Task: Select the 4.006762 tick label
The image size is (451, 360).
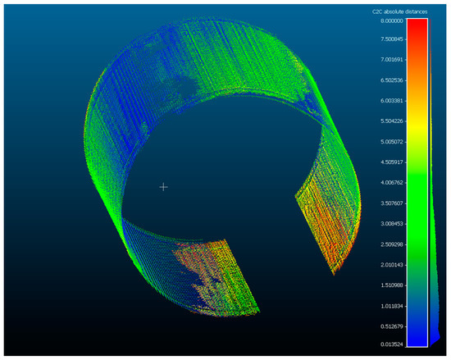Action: point(389,182)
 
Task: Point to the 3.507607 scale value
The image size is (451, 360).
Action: point(389,203)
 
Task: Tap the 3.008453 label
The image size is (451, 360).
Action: point(389,222)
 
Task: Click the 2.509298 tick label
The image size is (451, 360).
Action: point(389,243)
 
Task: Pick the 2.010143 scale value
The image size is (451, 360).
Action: point(389,263)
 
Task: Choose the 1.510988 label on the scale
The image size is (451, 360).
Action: point(389,284)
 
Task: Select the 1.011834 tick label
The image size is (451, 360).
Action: point(389,304)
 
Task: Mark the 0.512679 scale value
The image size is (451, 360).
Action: point(389,324)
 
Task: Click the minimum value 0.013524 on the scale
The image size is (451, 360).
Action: point(389,344)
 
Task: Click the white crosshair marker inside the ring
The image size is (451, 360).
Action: point(163,187)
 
